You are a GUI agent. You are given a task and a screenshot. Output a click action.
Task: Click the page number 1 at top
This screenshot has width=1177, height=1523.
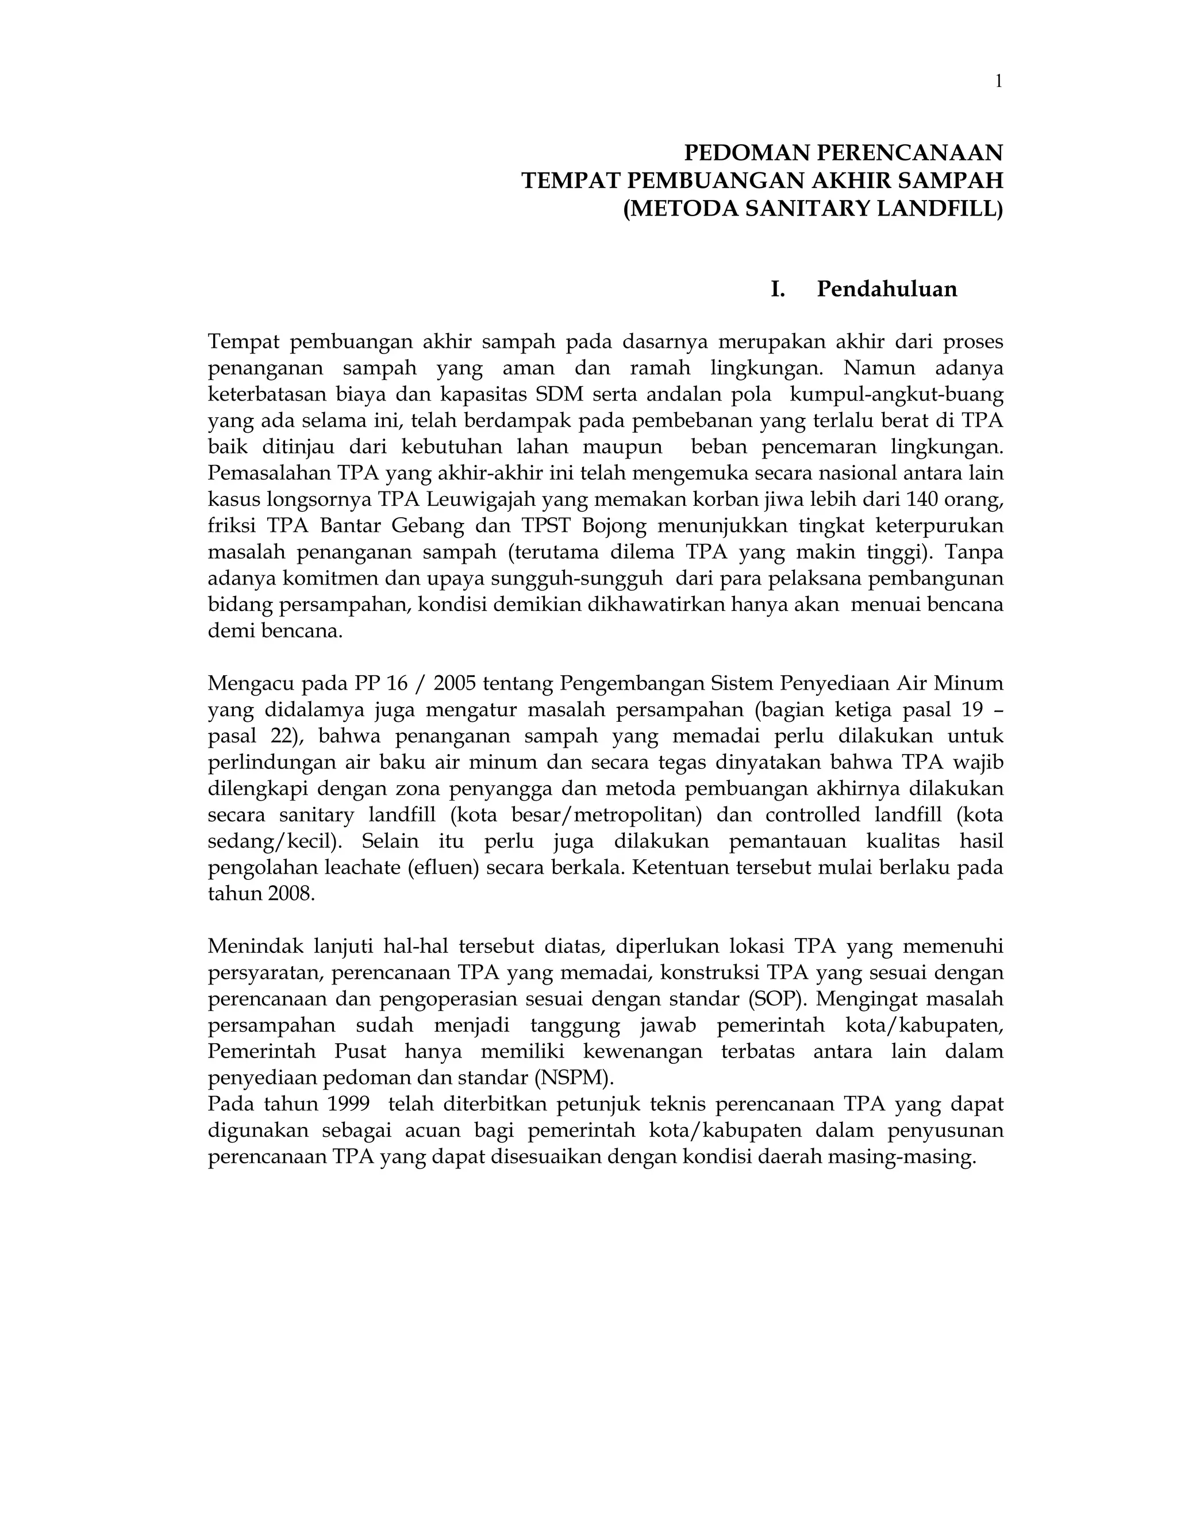pyautogui.click(x=998, y=82)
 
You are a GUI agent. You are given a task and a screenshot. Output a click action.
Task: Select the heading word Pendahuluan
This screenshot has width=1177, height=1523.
pyautogui.click(x=887, y=289)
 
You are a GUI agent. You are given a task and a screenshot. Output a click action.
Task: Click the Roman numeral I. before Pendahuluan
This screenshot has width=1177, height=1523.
pyautogui.click(x=778, y=289)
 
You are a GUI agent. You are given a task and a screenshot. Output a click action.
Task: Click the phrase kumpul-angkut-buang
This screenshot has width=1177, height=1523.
pyautogui.click(x=897, y=394)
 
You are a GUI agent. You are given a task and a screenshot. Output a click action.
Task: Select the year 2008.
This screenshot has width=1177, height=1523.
pyautogui.click(x=291, y=893)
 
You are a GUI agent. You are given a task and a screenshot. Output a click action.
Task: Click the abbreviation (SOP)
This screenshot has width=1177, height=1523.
pyautogui.click(x=777, y=999)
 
